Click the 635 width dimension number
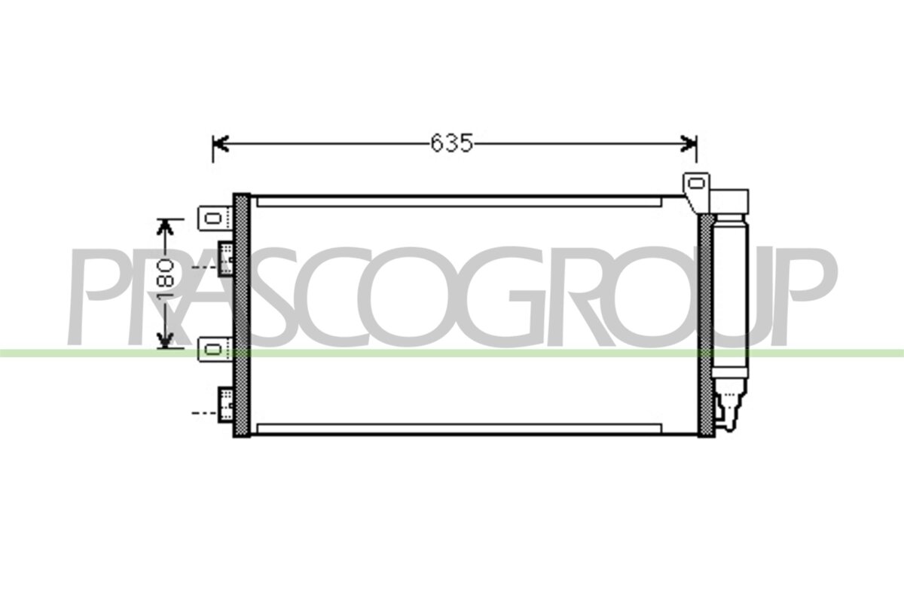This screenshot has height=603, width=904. coord(451,143)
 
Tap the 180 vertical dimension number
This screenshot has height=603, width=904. coord(166,280)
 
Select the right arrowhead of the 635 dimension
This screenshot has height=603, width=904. coord(689,144)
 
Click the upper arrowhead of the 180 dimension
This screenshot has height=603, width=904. coord(165,227)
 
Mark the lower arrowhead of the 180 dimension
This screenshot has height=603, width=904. coord(165,340)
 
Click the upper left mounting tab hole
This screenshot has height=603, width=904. coord(213,219)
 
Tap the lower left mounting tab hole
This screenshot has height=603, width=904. coord(213,349)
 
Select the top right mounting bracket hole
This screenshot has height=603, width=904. coord(696,184)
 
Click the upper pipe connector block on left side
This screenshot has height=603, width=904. coord(225,259)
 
